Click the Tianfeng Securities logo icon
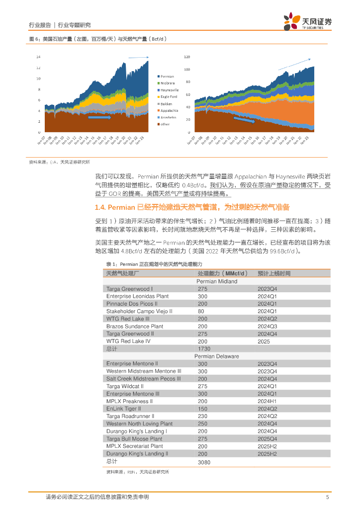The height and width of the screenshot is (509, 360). point(292,21)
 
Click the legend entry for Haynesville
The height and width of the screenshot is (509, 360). point(170,90)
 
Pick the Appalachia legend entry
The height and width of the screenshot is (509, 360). point(170,110)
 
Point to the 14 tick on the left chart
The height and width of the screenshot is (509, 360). point(38,57)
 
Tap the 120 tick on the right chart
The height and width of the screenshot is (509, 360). point(187,57)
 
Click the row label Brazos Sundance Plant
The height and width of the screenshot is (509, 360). point(134,326)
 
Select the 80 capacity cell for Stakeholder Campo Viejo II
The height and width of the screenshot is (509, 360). point(202,311)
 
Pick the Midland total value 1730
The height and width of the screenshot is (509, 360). point(204,348)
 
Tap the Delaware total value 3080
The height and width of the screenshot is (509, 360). point(204,462)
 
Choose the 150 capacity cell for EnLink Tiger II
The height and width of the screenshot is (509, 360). point(202,409)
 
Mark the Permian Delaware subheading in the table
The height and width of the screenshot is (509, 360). point(216,356)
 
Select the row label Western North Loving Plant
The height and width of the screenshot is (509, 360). point(139,424)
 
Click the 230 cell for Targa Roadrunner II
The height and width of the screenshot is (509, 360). point(202,416)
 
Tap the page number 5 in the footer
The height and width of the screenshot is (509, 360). point(327,497)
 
